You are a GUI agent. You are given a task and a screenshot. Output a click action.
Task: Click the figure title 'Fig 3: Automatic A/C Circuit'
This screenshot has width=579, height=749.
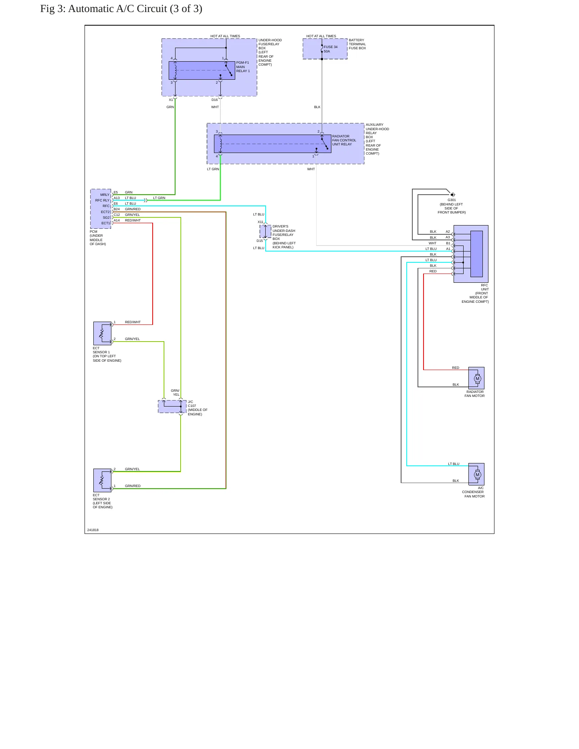pos(104,9)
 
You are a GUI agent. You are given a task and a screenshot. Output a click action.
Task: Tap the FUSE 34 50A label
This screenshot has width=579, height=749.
pos(331,49)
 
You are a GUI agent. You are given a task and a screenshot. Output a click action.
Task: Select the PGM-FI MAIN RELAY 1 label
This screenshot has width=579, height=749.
pos(243,67)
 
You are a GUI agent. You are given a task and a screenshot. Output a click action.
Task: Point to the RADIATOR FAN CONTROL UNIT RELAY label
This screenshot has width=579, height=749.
pos(344,140)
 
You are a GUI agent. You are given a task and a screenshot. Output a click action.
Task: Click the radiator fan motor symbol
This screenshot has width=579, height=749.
pos(477,379)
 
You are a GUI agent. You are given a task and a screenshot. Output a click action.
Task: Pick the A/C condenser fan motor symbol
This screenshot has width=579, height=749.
pos(477,475)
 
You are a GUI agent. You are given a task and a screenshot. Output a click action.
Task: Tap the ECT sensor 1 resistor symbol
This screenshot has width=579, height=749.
pos(102,333)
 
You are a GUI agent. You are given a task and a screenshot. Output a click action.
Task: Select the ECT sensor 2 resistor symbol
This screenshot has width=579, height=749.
pos(102,480)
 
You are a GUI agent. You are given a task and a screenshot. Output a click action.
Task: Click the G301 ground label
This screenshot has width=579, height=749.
pos(452,200)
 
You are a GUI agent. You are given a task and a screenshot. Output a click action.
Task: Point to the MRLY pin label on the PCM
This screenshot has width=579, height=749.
pos(105,195)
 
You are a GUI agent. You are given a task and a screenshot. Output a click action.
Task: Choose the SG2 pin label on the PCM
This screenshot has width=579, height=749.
pos(106,217)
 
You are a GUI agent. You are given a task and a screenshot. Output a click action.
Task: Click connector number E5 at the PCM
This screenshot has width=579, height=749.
pos(116,192)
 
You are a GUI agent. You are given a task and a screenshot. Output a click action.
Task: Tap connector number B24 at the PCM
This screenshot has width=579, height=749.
pos(117,209)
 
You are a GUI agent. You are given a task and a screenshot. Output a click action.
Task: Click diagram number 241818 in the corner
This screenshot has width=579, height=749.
pos(93,530)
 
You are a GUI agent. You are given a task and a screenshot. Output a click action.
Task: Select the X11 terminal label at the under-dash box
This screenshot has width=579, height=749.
pos(260,222)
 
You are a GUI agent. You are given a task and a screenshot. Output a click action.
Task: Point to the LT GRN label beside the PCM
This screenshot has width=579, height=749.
pos(159,198)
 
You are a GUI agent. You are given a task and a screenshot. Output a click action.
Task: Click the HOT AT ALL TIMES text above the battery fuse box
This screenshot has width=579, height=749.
pos(321,36)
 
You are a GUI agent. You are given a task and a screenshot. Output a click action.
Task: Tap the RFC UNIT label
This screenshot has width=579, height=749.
pos(484,287)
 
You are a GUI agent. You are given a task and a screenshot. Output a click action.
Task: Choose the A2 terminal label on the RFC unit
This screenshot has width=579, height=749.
pos(448,232)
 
